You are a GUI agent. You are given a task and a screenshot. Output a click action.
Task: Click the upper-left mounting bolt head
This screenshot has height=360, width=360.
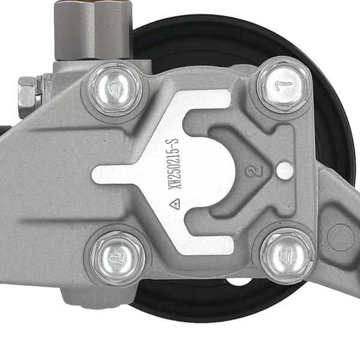115,89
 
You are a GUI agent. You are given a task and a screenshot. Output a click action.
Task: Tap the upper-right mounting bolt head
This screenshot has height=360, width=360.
284,85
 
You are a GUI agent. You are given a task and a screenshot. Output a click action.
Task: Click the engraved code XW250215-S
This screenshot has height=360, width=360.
173,164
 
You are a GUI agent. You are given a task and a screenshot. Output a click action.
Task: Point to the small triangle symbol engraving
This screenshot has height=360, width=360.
175,203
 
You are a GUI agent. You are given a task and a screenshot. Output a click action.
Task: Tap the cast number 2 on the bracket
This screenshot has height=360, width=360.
253,170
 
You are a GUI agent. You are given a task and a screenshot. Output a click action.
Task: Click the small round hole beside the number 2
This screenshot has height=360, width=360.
284,170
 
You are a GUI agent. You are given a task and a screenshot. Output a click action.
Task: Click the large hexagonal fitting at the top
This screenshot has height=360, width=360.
93,30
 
